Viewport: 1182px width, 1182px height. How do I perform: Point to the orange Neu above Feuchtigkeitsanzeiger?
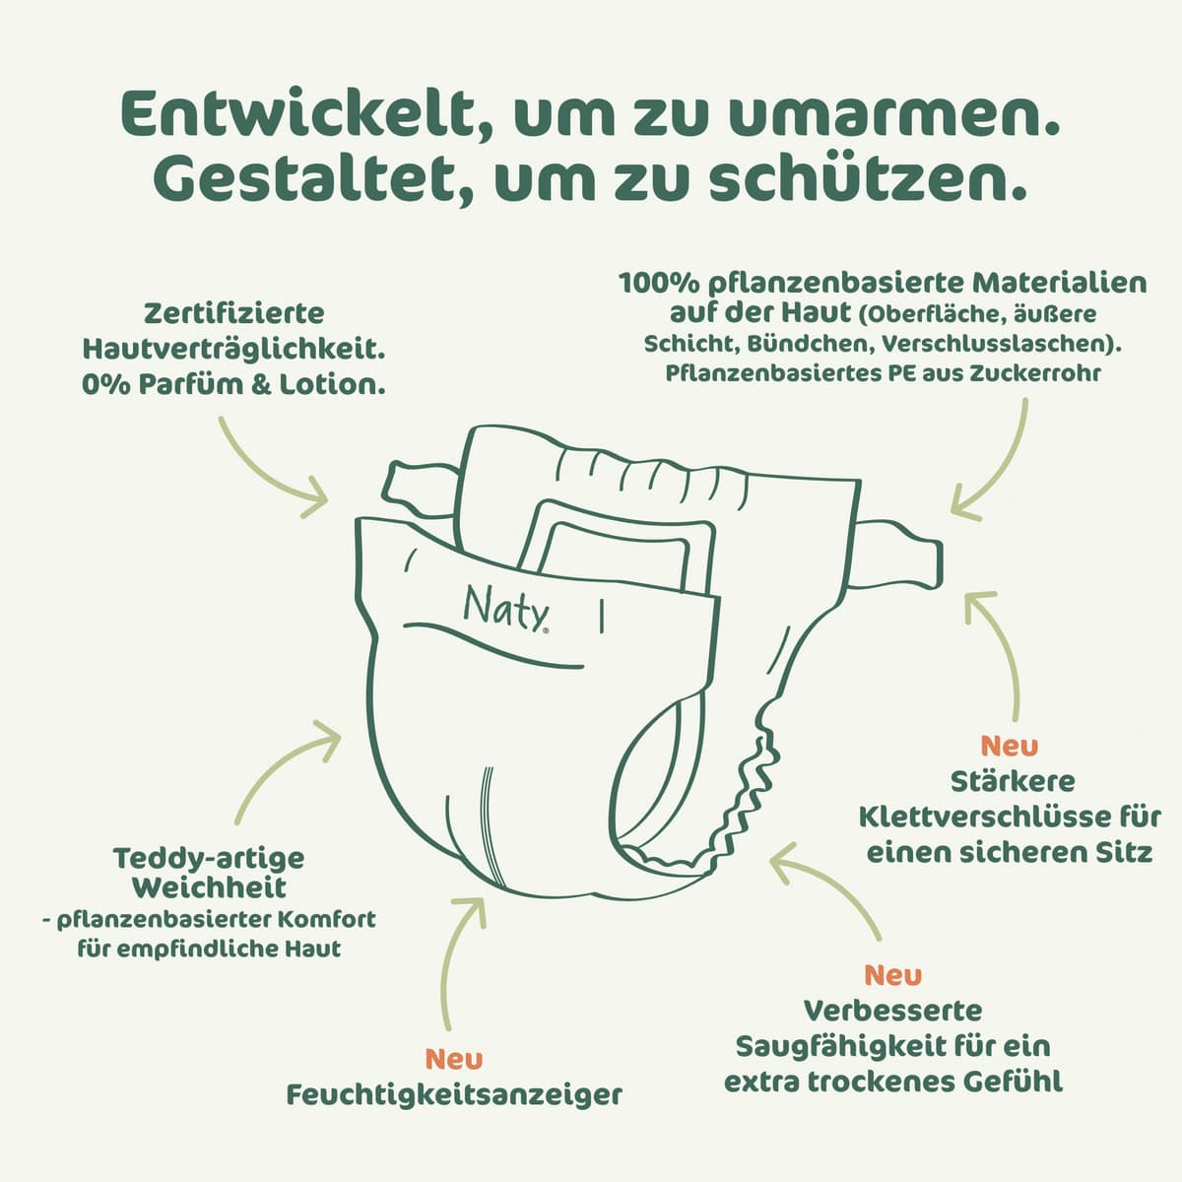point(454,1059)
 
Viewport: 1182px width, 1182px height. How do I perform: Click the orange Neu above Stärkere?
point(1010,746)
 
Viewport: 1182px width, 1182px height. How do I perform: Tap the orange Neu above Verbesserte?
point(893,975)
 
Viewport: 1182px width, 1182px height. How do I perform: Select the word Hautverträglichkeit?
point(233,349)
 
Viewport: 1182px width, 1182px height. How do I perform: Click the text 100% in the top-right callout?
point(659,284)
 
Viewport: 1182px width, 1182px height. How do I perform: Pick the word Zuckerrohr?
point(1035,373)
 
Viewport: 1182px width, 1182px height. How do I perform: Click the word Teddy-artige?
point(209,858)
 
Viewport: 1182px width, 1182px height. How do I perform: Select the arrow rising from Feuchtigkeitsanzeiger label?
point(457,961)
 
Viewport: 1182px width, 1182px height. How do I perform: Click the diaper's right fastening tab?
point(897,552)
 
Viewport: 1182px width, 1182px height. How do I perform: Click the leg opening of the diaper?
point(656,779)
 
